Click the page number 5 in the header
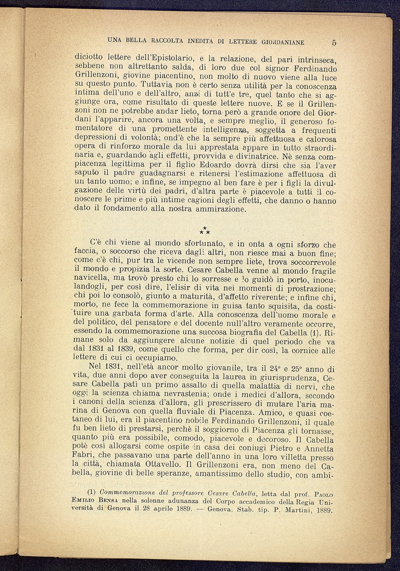pyautogui.click(x=333, y=42)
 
